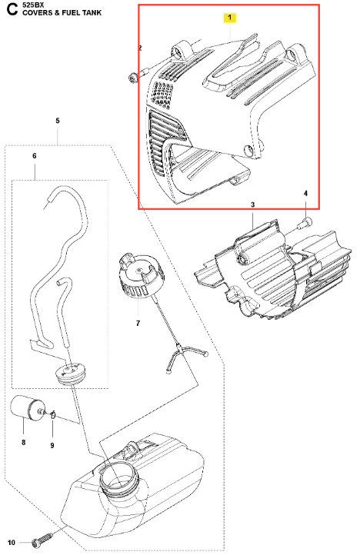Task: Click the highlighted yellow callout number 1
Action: click(229, 18)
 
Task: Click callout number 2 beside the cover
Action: click(140, 48)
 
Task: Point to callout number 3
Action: click(252, 204)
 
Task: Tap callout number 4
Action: click(305, 193)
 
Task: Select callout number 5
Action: click(58, 121)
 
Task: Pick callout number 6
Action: click(35, 156)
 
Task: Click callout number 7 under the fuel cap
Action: click(138, 323)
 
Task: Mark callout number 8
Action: click(23, 442)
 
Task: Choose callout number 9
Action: click(52, 445)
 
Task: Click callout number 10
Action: click(12, 543)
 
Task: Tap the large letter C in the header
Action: click(12, 9)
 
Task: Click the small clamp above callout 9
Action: click(52, 414)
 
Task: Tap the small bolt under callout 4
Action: click(304, 223)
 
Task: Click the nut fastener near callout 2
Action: click(132, 78)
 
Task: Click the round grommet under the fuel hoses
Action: click(70, 374)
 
